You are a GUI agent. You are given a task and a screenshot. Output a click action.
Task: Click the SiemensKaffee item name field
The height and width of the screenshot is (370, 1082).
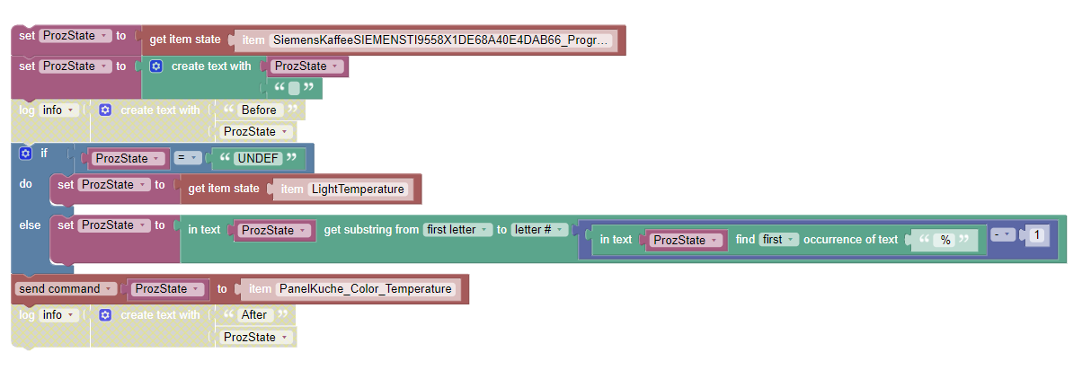pyautogui.click(x=440, y=40)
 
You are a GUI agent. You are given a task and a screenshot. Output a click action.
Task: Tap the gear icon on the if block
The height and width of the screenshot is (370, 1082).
pyautogui.click(x=25, y=154)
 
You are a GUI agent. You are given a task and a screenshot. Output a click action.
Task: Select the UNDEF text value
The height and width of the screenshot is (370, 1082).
pyautogui.click(x=258, y=158)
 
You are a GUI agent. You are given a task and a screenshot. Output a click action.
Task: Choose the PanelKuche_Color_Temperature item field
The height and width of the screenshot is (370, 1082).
pyautogui.click(x=364, y=289)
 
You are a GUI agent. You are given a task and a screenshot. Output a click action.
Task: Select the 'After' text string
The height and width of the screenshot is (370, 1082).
pyautogui.click(x=254, y=314)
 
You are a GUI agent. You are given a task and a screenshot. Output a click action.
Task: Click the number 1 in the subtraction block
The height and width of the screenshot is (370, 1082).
pyautogui.click(x=1036, y=235)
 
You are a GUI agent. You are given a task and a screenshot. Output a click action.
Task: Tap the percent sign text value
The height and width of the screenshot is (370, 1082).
pyautogui.click(x=945, y=240)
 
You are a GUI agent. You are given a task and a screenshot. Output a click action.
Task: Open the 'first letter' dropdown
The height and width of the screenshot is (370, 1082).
pyautogui.click(x=459, y=230)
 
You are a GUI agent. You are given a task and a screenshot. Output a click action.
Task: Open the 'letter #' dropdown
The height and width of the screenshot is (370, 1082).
pyautogui.click(x=540, y=230)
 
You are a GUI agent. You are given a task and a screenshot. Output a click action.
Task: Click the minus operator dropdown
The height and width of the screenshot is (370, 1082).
pyautogui.click(x=1002, y=235)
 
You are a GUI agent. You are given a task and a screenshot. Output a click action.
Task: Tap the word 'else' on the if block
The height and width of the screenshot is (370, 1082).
pyautogui.click(x=30, y=225)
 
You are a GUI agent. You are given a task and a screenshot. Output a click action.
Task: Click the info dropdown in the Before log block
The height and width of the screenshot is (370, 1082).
pyautogui.click(x=59, y=110)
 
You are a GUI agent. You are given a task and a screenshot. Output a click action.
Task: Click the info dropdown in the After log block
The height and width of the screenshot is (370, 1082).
pyautogui.click(x=59, y=314)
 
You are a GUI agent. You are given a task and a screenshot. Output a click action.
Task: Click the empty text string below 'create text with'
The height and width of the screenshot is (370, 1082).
pyautogui.click(x=294, y=88)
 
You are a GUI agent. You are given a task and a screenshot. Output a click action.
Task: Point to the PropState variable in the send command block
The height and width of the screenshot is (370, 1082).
pyautogui.click(x=165, y=289)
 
